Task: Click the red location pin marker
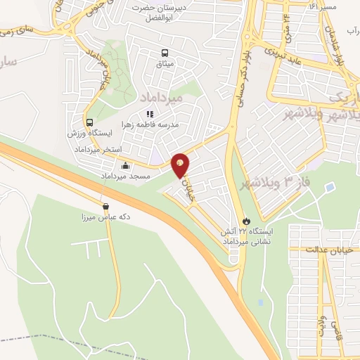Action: click(181, 165)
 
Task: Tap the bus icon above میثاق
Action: click(165, 52)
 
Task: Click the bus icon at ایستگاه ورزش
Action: click(90, 121)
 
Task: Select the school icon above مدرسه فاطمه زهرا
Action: click(149, 113)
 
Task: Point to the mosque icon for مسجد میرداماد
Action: click(126, 166)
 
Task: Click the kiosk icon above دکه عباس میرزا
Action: click(105, 207)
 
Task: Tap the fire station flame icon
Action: click(245, 219)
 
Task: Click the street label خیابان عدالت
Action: click(333, 249)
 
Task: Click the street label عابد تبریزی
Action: click(282, 55)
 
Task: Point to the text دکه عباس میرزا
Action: click(105, 217)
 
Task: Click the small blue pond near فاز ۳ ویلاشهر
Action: click(328, 187)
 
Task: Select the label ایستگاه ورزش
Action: click(87, 132)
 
